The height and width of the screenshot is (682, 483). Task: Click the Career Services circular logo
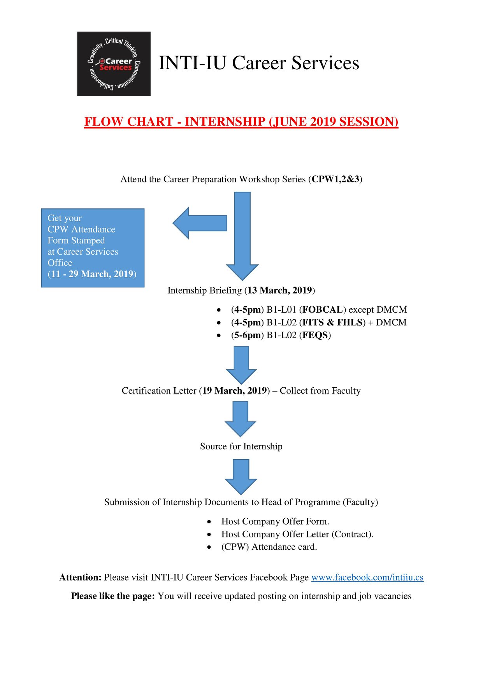coord(114,64)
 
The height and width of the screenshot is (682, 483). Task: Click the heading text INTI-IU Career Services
coord(259,63)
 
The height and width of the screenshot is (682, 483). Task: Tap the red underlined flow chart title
coord(241,122)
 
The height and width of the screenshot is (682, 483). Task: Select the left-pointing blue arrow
coord(200,223)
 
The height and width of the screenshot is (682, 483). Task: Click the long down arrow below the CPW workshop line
coord(242,236)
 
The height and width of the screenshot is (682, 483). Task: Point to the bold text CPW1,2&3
coord(335,179)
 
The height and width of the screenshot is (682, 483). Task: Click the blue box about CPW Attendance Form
coord(93,248)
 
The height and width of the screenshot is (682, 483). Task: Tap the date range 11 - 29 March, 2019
coord(92,274)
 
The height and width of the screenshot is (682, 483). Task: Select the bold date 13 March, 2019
coord(280,290)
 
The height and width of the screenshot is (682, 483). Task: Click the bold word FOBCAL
coord(323,310)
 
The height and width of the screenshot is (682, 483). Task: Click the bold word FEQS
coord(315,335)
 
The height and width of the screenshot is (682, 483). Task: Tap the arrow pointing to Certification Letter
coord(241,365)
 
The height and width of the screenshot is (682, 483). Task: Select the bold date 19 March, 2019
coord(234,391)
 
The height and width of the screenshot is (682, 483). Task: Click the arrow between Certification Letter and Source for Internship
coord(241,419)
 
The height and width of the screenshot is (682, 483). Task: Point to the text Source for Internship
coord(241,446)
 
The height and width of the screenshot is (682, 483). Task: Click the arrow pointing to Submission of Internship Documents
coord(241,477)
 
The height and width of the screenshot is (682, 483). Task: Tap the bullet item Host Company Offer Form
coord(275,521)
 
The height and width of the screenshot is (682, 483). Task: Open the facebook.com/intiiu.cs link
coord(367,577)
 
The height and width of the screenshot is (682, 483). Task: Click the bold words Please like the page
coord(113,596)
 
